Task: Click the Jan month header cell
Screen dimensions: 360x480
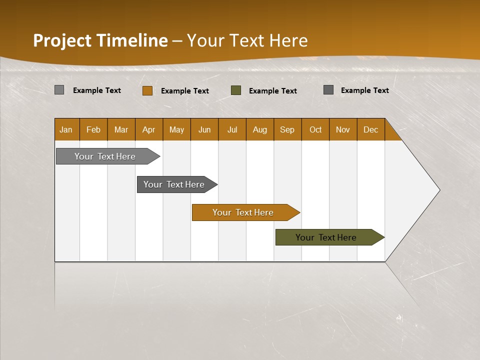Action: pyautogui.click(x=66, y=129)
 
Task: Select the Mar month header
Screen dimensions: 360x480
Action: pyautogui.click(x=121, y=129)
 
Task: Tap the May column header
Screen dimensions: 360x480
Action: pyautogui.click(x=176, y=129)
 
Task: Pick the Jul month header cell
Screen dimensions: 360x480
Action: pyautogui.click(x=232, y=129)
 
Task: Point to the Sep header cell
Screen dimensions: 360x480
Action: pyautogui.click(x=287, y=129)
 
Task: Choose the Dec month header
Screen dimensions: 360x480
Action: pyautogui.click(x=370, y=129)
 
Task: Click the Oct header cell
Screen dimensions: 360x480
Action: pyautogui.click(x=315, y=129)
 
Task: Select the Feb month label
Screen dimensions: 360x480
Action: pyautogui.click(x=93, y=129)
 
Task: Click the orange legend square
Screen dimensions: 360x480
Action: pyautogui.click(x=147, y=90)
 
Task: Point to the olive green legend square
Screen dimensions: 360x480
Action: pyautogui.click(x=236, y=90)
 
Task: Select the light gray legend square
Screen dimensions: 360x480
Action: pyautogui.click(x=59, y=90)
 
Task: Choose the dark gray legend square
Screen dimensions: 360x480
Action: pyautogui.click(x=328, y=90)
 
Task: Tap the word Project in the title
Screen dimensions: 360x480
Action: pyautogui.click(x=62, y=40)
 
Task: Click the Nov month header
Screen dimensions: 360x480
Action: pyautogui.click(x=343, y=129)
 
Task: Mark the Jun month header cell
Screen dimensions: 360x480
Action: pyautogui.click(x=204, y=129)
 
